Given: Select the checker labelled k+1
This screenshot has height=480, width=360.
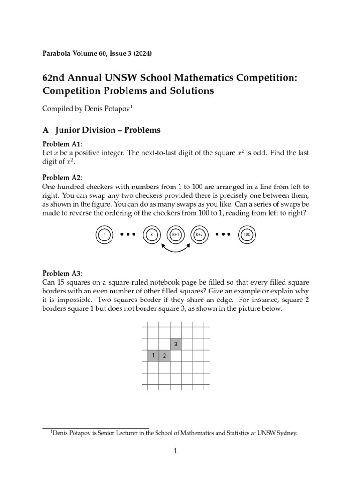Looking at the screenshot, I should coord(176,234).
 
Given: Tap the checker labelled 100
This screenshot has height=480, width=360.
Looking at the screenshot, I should coord(247,234).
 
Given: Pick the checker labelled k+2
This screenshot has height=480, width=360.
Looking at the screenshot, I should coord(200,234).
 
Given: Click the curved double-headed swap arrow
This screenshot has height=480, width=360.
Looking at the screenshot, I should coord(176,248).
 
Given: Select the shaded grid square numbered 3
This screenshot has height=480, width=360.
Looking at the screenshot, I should coord(176,345).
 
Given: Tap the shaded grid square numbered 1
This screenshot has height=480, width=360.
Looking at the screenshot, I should coord(153,356).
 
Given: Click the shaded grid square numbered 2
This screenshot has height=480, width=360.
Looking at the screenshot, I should coord(165,356).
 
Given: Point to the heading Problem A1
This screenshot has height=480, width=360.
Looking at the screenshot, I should coord(62,144).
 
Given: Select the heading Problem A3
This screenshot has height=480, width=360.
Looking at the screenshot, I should coord(62,273).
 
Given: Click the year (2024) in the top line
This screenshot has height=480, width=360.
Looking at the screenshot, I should coord(142,53).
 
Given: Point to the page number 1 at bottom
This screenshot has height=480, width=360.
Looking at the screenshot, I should coord(175,451).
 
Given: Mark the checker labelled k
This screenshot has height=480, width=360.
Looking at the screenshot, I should coord(152,234).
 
